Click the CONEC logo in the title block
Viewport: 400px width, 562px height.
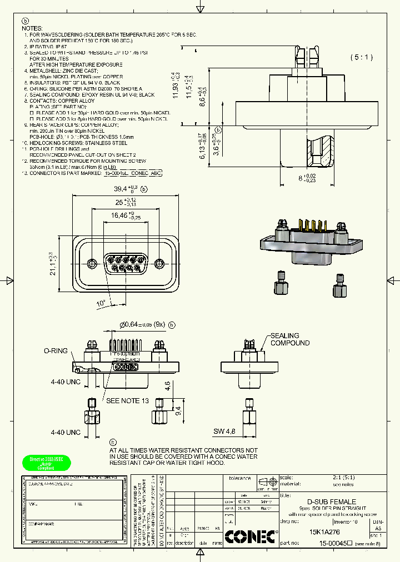tap(249, 537)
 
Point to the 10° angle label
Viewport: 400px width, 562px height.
tap(101, 303)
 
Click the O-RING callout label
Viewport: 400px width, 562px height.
tap(56, 351)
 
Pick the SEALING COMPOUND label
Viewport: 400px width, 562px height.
tap(289, 339)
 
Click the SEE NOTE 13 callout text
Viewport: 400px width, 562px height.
tap(128, 400)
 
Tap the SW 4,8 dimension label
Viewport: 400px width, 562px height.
tap(225, 431)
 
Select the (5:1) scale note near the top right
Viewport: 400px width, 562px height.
tap(362, 57)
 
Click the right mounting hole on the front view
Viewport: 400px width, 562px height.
tap(159, 263)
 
